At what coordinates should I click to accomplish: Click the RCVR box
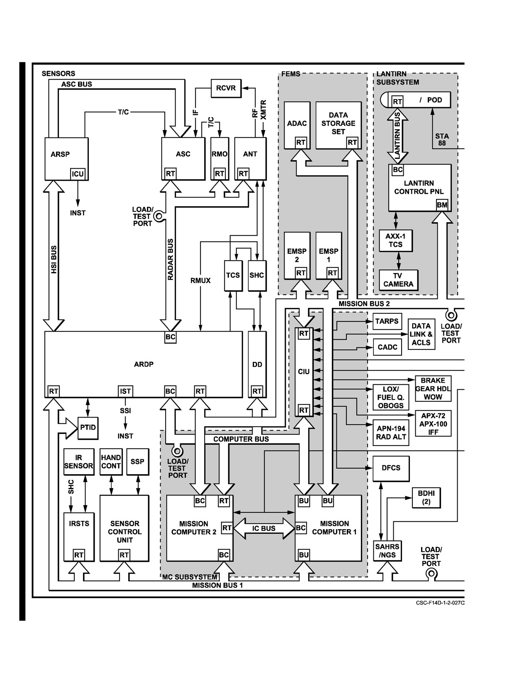226,88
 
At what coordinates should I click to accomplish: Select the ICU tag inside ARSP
78,174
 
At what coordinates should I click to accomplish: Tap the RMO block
219,159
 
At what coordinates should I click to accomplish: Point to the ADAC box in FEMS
297,125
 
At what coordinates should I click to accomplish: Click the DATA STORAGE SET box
339,125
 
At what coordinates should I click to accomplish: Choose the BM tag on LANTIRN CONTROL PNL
442,205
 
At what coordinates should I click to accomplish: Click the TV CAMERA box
399,280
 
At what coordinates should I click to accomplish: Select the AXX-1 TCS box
396,240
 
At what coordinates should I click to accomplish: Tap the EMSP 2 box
297,256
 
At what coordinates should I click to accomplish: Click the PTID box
88,428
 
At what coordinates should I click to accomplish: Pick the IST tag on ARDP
125,391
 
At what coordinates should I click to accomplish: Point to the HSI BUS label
54,259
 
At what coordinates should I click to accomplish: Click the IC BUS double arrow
264,528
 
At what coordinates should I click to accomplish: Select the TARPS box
387,321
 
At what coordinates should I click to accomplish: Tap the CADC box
387,347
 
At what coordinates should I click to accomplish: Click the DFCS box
391,468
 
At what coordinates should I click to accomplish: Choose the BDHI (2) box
426,498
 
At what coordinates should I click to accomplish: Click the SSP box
137,462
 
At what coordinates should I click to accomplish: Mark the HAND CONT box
111,462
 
